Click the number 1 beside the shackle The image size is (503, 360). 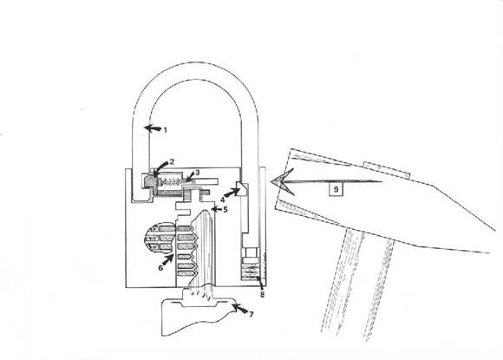coord(165,130)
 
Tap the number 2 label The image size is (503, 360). coord(172,161)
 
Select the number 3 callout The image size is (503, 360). coord(197,173)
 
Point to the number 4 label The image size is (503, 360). coord(222,200)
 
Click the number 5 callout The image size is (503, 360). coord(225,210)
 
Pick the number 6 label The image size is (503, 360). coord(160,267)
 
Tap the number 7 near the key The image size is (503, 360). coord(251,314)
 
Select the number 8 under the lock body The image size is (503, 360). coord(262,294)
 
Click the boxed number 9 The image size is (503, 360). coord(336,189)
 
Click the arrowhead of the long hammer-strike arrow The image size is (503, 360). coord(283,182)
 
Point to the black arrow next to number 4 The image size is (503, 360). coord(232,192)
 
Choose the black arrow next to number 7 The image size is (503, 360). coord(239,310)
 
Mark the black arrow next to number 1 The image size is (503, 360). coord(153,128)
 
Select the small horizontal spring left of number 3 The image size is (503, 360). coord(171,182)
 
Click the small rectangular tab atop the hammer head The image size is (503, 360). coord(387,169)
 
